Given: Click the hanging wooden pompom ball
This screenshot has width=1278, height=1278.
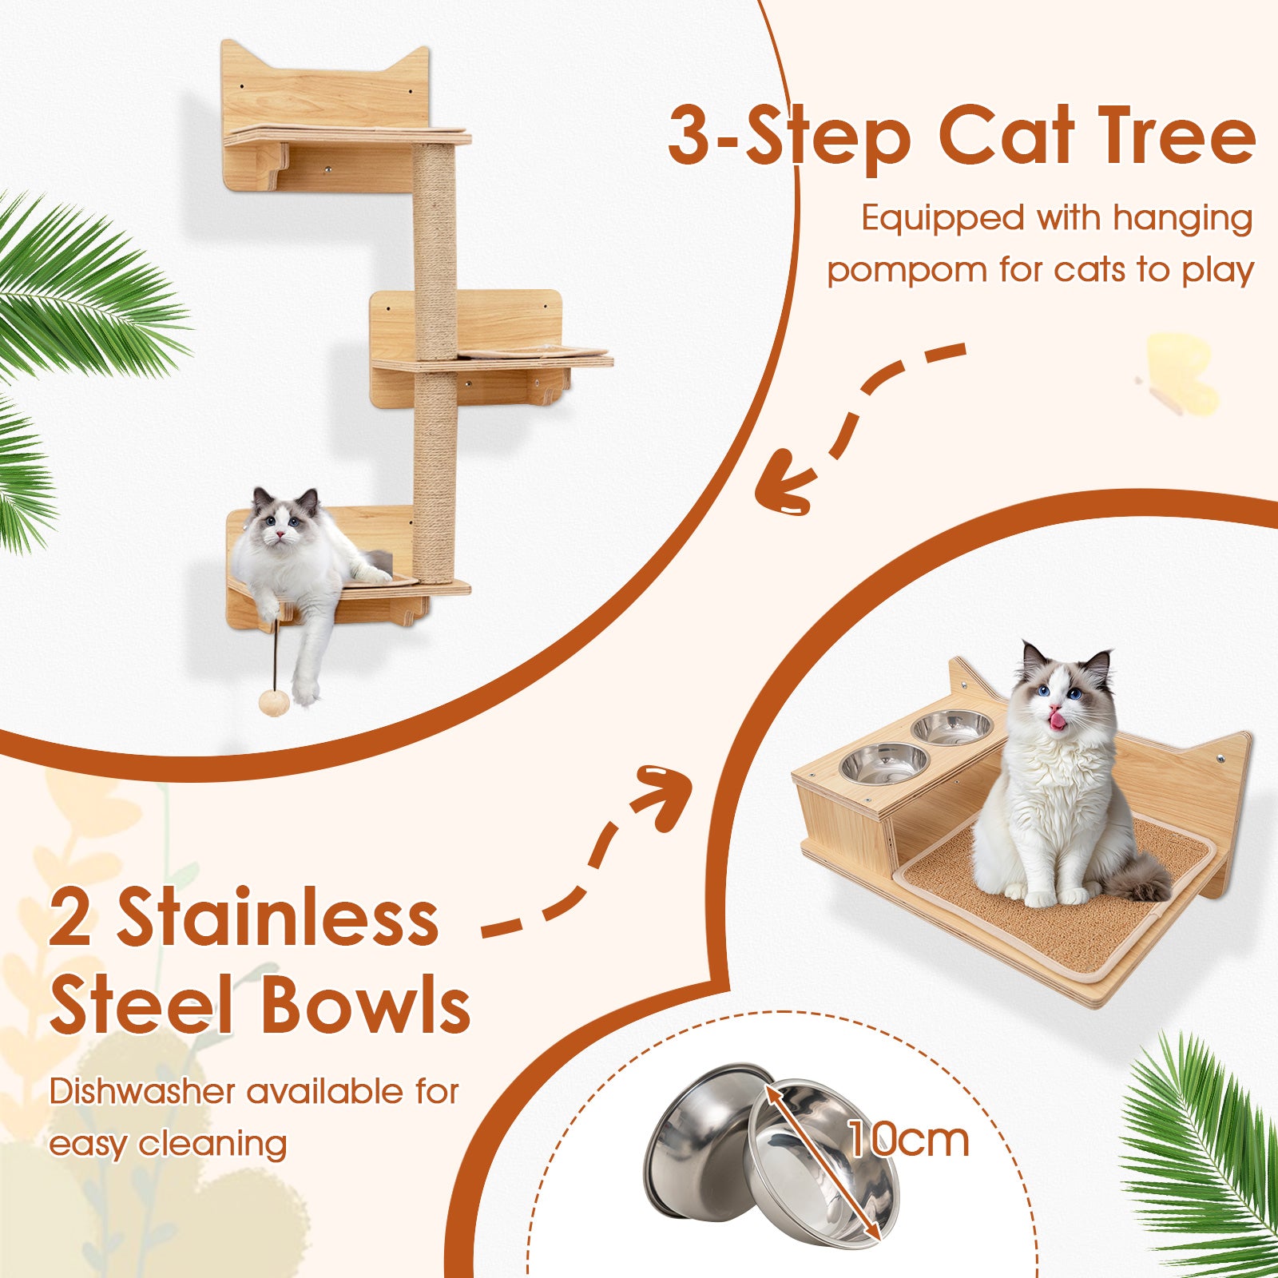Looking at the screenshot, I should pyautogui.click(x=274, y=703).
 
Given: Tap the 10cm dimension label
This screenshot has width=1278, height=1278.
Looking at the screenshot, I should pyautogui.click(x=908, y=1140).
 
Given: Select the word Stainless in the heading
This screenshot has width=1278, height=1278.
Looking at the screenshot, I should pyautogui.click(x=278, y=919).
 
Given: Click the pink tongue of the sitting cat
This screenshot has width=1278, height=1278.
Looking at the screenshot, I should pyautogui.click(x=1057, y=720).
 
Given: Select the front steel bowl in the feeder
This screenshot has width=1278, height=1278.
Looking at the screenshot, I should pyautogui.click(x=883, y=763).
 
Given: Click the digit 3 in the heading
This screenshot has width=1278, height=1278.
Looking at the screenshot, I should pyautogui.click(x=690, y=137).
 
